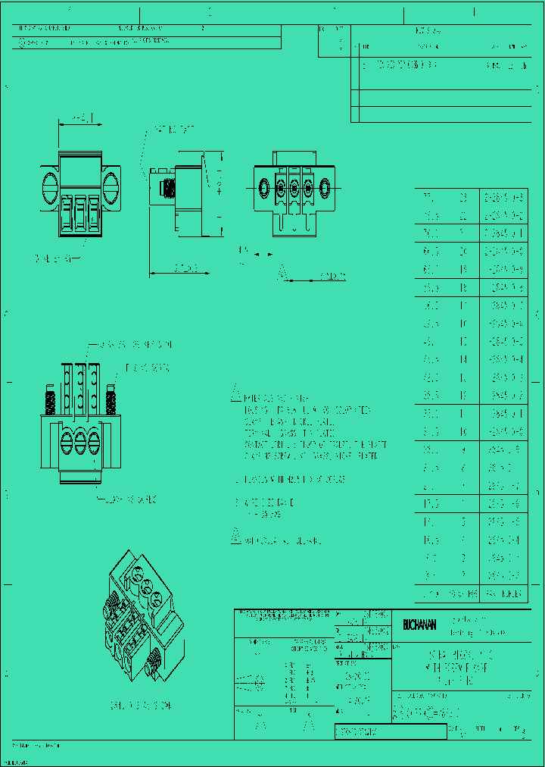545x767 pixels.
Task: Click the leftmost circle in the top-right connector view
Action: pos(264,186)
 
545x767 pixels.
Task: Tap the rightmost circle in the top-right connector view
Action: pos(325,186)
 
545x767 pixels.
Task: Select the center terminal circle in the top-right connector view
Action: pos(294,186)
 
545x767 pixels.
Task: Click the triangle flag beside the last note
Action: pos(236,539)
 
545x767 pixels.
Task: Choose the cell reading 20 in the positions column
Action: pos(463,250)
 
